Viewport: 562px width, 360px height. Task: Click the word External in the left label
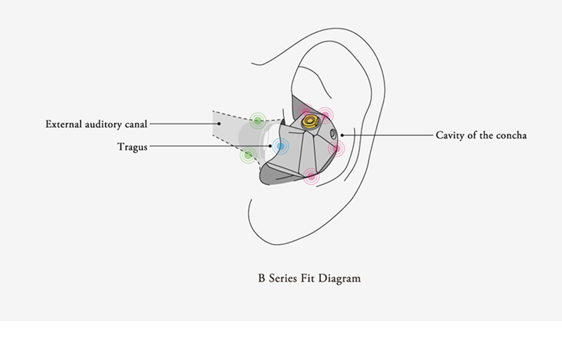coord(63,124)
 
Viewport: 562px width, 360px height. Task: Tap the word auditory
coord(103,124)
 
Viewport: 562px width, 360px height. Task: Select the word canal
coord(136,124)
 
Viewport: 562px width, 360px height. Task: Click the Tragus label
coord(132,147)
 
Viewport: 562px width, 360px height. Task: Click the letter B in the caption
coord(261,278)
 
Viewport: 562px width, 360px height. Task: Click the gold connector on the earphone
coord(310,121)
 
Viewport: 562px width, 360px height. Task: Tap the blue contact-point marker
coord(280,146)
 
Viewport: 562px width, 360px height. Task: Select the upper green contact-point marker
coord(258,121)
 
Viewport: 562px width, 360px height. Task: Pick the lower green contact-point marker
coord(248,155)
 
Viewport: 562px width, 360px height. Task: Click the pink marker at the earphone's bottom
coord(311,176)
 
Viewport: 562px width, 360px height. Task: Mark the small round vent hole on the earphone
coord(333,134)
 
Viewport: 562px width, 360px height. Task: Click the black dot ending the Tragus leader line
coord(270,146)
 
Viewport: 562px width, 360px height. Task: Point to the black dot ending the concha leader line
coord(342,135)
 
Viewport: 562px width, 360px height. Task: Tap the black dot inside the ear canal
coord(219,124)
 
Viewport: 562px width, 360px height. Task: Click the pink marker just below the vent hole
coord(336,148)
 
